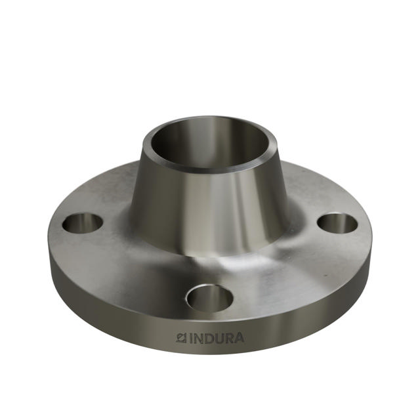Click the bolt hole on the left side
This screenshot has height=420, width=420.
tap(83, 223)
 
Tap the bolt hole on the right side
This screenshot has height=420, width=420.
tap(337, 223)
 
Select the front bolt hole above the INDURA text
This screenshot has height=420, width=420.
tap(209, 298)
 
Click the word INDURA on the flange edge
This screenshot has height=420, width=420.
tap(211, 339)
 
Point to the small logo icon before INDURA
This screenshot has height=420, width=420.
tap(182, 339)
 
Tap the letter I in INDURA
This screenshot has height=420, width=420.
tap(192, 339)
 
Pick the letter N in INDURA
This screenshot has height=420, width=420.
tap(199, 339)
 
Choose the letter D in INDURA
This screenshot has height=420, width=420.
tap(209, 339)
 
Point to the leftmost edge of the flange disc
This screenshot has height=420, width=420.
tap(49, 243)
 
